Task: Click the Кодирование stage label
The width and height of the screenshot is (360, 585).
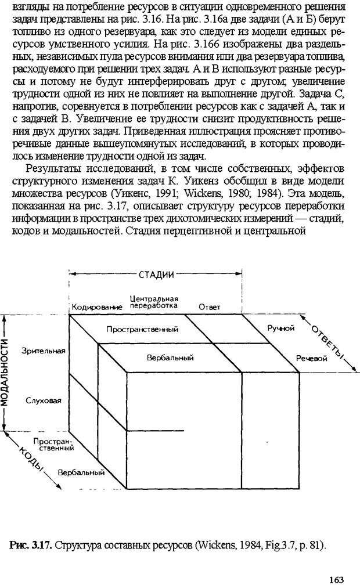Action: tap(96, 306)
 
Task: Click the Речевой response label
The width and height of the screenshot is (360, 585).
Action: tap(312, 359)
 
